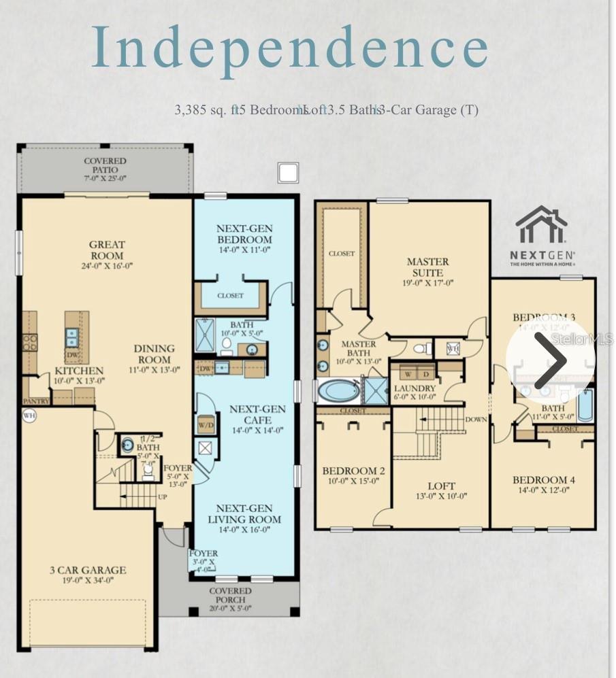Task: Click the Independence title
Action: pos(290,48)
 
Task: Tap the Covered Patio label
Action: pos(105,169)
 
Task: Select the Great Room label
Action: pos(107,250)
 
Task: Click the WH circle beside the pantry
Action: pos(29,415)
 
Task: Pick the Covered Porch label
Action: pos(229,595)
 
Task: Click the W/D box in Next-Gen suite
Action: pos(206,424)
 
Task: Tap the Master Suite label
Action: pos(428,267)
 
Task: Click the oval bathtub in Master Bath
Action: pos(339,392)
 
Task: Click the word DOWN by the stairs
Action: pos(476,420)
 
